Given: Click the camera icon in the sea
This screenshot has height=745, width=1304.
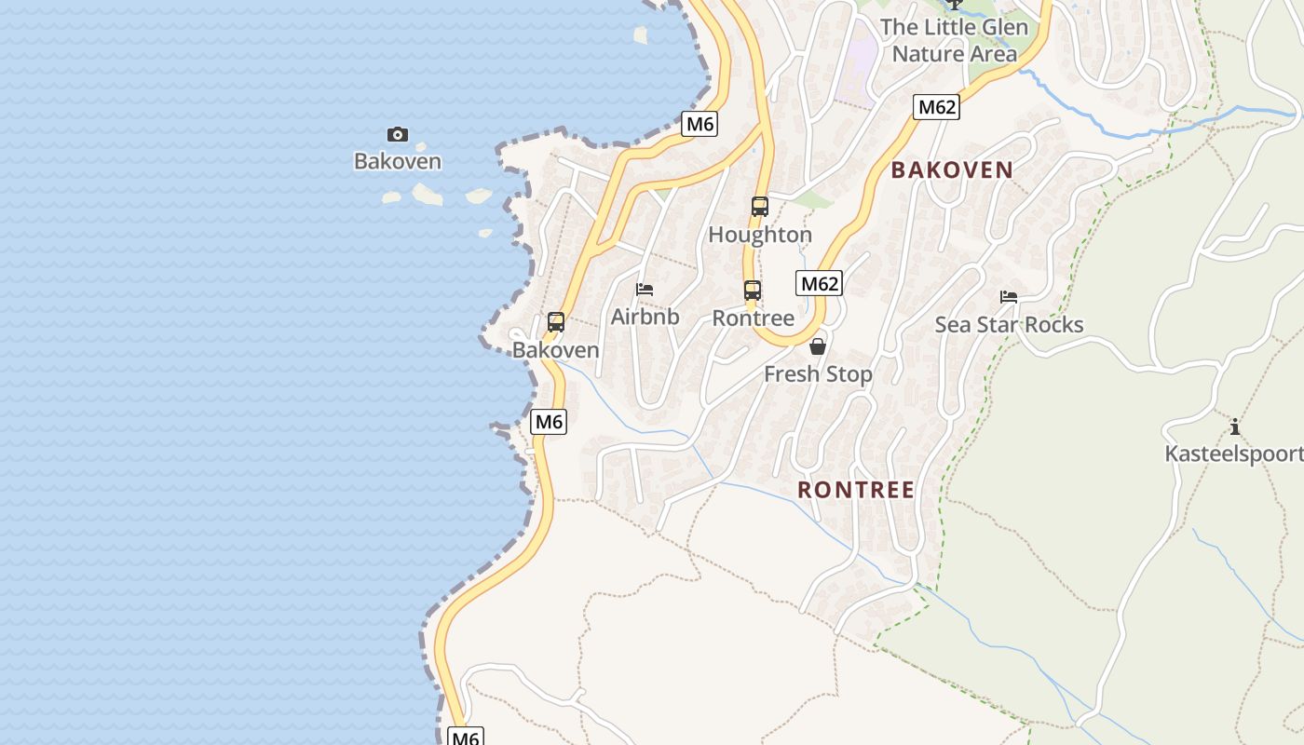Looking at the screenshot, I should (398, 135).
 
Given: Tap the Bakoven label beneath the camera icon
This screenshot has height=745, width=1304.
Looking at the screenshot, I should (398, 161).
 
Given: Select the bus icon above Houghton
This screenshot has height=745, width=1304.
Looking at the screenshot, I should (760, 207).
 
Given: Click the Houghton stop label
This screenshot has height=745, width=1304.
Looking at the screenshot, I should (760, 235).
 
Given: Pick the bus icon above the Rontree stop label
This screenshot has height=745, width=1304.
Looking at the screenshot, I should (753, 291).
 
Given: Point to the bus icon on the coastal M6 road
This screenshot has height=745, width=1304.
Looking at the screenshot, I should (556, 322).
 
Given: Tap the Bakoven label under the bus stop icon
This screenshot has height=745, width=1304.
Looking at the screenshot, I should (556, 350).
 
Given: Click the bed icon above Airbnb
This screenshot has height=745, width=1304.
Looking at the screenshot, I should (645, 290).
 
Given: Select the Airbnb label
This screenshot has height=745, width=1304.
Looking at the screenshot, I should (645, 317).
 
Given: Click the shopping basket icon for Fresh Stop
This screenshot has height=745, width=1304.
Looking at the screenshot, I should (818, 346).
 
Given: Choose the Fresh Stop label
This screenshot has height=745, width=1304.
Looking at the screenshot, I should (818, 374).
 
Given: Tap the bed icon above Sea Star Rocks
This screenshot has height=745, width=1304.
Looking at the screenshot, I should (1009, 297).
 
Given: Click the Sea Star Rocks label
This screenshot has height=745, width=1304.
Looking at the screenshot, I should (1009, 324).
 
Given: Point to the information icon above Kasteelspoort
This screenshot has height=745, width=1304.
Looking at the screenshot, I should (1235, 427).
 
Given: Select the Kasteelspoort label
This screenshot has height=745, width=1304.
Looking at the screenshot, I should (1233, 454).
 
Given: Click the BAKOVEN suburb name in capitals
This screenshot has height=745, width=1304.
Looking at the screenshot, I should (952, 169).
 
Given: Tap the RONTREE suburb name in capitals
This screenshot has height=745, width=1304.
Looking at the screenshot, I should (856, 490).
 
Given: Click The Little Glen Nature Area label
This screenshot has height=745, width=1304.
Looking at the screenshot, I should (954, 40).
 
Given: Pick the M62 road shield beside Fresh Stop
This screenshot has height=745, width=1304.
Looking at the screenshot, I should (820, 283).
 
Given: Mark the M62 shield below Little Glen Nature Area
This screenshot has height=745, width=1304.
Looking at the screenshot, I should (936, 107).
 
